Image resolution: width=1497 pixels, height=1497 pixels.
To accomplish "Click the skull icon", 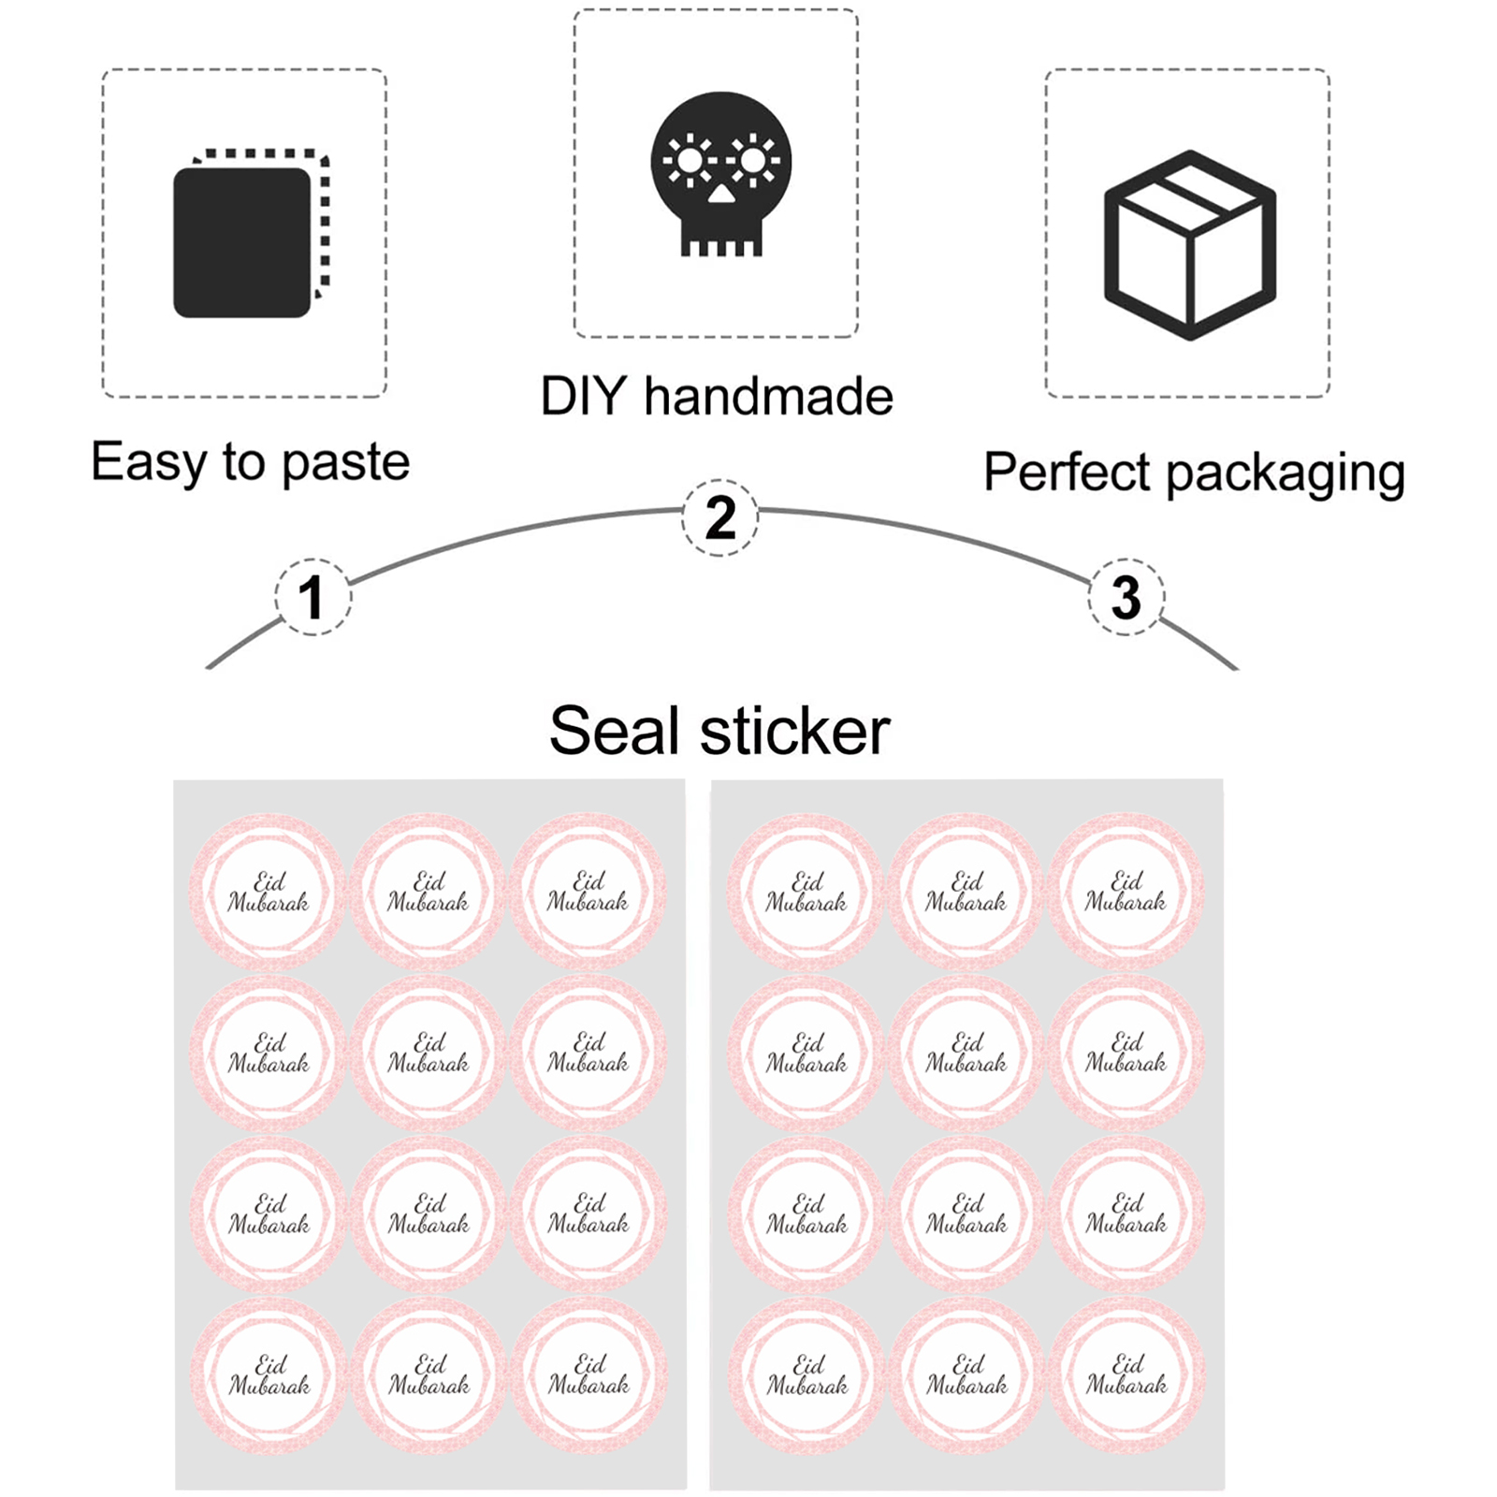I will [720, 174].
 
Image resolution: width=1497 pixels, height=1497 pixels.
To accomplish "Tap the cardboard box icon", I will [1189, 244].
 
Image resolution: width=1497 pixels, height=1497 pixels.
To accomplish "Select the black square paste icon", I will [242, 242].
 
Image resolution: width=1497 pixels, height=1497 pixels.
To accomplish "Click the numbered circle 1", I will [312, 597].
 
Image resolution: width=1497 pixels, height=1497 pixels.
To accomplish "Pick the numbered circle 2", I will [719, 517].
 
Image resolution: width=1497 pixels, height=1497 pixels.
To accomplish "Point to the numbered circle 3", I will [1126, 597].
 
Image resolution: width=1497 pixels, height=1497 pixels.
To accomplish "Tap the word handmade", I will [768, 396].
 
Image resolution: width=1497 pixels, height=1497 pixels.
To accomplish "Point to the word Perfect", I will [1066, 472].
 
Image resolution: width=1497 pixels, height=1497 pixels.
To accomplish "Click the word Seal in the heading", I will [614, 731].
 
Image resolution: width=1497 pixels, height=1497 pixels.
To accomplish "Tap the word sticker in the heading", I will [795, 731].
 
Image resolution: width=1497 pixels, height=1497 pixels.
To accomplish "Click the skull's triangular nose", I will [720, 195].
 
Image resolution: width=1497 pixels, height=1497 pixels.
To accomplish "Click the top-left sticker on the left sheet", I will [269, 891].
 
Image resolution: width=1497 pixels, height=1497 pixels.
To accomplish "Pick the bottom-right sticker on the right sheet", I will [1126, 1373].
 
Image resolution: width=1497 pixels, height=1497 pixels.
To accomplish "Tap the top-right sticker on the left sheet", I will [589, 891].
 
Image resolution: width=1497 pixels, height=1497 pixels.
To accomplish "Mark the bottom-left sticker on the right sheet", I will [807, 1373].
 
